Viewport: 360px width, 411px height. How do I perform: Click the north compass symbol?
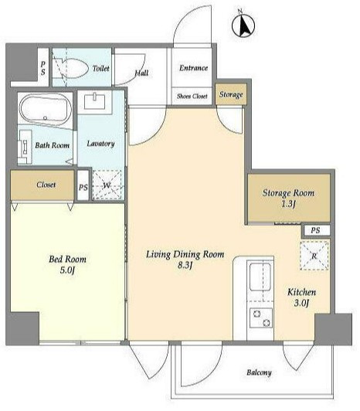tap(243, 25)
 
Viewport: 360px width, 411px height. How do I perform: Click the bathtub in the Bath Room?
tap(46, 109)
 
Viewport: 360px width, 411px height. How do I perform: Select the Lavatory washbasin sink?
tap(95, 101)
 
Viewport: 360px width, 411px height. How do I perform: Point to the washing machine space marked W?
tap(107, 185)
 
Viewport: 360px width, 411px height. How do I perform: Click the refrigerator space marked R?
tap(314, 256)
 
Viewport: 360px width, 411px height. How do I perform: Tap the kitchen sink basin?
tap(260, 277)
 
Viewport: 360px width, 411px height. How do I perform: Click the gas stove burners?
tap(261, 318)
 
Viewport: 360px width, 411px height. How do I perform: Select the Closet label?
tap(46, 185)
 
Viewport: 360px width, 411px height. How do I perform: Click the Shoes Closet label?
tap(192, 97)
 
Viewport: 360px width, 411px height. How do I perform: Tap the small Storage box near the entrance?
tap(231, 94)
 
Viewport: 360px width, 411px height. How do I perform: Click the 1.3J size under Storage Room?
tap(288, 204)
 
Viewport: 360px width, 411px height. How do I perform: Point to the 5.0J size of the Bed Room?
tap(67, 270)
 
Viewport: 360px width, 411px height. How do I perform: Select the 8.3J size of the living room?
tap(185, 265)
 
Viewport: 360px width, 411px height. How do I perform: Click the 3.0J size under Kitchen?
tap(301, 303)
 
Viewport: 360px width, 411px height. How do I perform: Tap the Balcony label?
tap(259, 372)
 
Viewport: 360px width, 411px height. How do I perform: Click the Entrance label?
tap(193, 68)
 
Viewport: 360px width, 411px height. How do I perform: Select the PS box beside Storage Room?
tap(316, 230)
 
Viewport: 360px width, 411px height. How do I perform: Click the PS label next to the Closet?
tap(83, 187)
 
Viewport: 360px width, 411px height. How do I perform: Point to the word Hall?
tap(141, 73)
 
